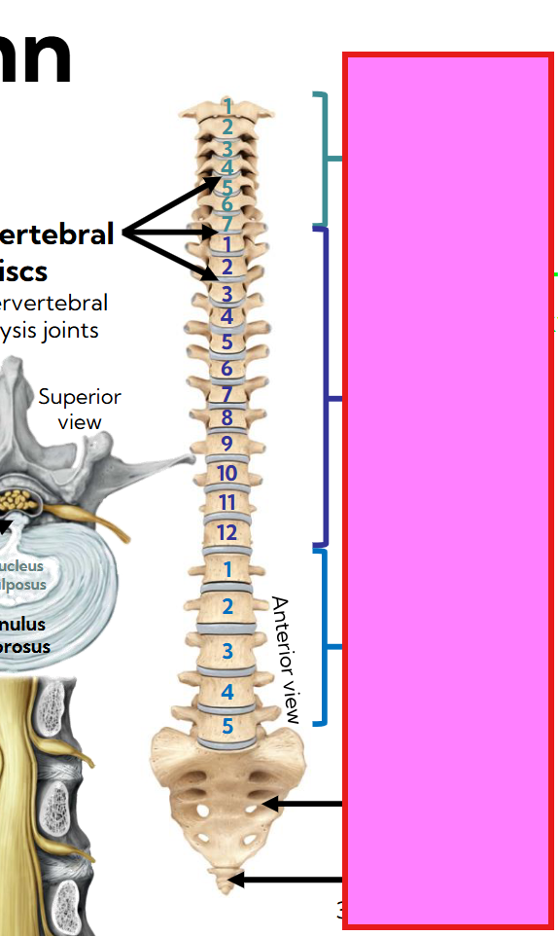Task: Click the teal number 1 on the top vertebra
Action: tap(227, 105)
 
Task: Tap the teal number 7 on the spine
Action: tap(227, 224)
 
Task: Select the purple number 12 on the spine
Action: tap(227, 532)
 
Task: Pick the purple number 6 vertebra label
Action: tap(227, 369)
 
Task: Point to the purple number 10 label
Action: tap(227, 474)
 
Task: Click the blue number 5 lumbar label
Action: tap(227, 726)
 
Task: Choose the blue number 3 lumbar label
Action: tap(227, 650)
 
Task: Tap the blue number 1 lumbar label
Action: tap(227, 569)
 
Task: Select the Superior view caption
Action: tap(80, 409)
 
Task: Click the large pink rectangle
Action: tap(448, 490)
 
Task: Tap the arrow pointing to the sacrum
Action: tap(302, 804)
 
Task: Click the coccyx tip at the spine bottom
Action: tap(227, 884)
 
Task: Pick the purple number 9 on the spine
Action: tap(227, 444)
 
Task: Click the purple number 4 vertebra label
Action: tap(227, 316)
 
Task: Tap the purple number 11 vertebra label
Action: tap(227, 503)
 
